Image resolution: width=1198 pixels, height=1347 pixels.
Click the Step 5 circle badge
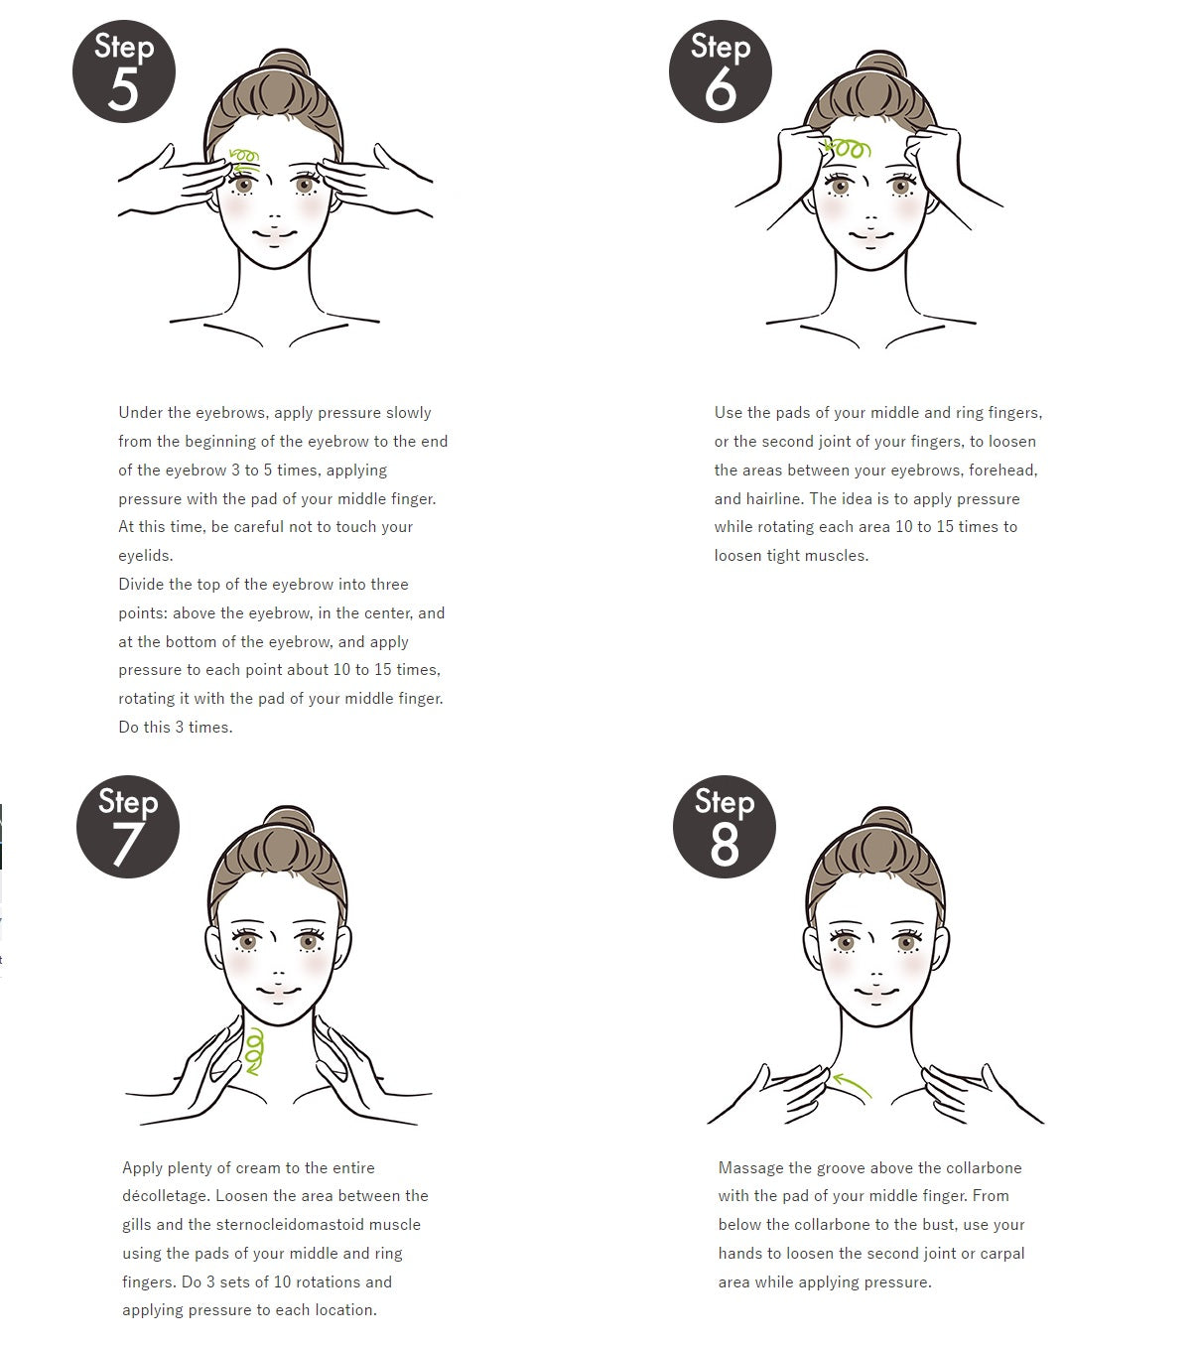124,71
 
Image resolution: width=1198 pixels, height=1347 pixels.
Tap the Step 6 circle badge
720,71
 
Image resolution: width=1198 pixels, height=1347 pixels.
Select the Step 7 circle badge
128,827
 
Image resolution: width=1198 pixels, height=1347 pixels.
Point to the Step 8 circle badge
724,827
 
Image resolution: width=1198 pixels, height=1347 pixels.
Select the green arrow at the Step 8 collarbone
851,1084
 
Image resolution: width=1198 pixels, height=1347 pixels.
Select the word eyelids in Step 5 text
146,556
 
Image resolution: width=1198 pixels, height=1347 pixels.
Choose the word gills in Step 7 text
138,1225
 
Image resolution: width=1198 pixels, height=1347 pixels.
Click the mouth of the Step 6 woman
871,236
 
